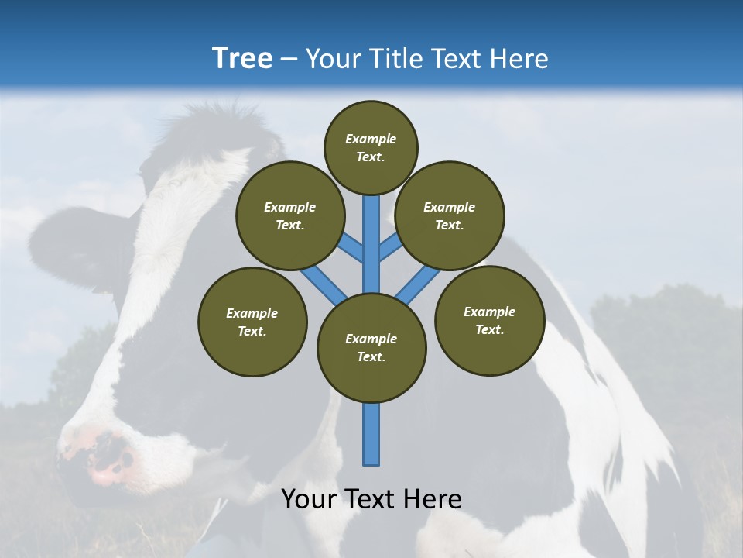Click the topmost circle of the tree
(371, 147)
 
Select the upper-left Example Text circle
(289, 215)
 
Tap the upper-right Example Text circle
(450, 215)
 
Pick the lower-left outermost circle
(252, 322)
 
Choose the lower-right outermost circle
(489, 320)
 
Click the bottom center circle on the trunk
(371, 348)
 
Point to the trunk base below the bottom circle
(371, 434)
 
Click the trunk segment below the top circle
(371, 240)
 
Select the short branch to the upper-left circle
(352, 247)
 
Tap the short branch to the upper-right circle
(390, 247)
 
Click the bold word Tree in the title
(242, 58)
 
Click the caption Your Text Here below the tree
(371, 499)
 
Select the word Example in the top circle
(371, 139)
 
